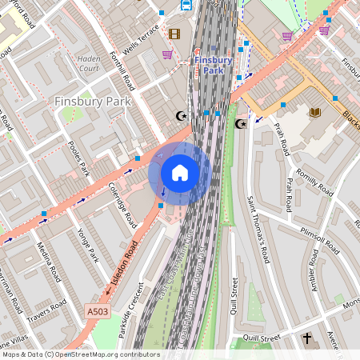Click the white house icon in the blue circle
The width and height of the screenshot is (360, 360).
coord(180,172)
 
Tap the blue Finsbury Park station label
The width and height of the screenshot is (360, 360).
coord(213,65)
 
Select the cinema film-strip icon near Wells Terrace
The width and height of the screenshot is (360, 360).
coord(174,34)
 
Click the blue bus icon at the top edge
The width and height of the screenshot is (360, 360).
coord(186,5)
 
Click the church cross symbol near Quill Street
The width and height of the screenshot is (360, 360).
coord(307,339)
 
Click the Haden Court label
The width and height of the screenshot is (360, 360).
coord(88,63)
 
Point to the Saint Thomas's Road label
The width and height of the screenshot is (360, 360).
coord(256,228)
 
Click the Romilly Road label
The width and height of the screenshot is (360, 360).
coord(314,178)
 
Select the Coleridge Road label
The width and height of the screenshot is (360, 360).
coord(122,206)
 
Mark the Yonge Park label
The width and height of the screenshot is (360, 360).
coord(84,243)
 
